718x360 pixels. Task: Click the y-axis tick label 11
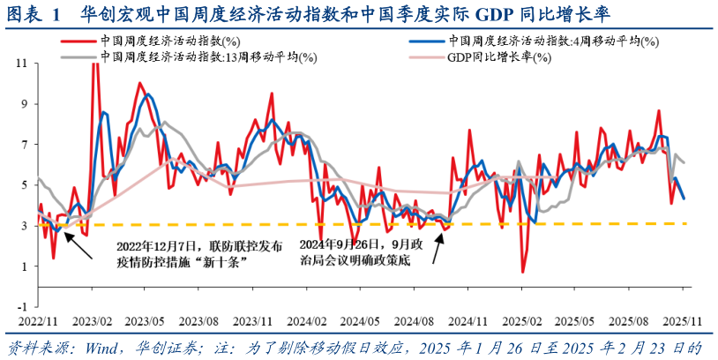[22, 64]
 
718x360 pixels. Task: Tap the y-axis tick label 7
[24, 144]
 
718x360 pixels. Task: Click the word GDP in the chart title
[495, 13]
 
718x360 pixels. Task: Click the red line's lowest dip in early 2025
[523, 272]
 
